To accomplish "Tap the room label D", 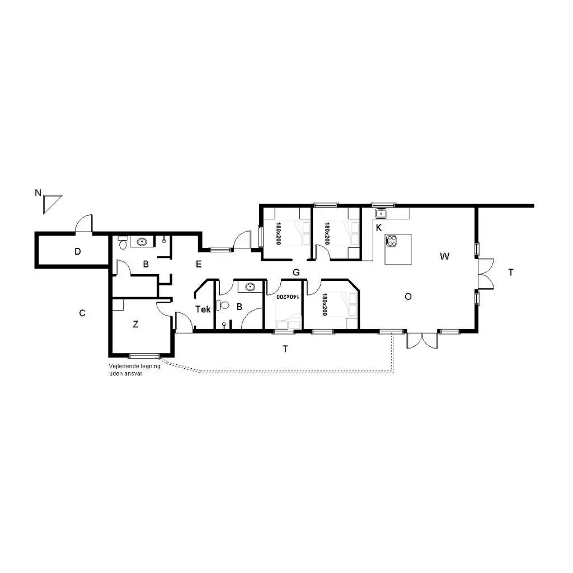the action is [x=77, y=251].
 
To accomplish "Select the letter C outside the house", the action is [x=82, y=313].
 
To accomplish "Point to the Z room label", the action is [x=135, y=324].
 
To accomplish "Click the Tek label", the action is [x=203, y=309].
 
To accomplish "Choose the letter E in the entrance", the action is [x=199, y=264].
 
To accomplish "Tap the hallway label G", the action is [x=296, y=273].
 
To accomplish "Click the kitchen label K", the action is [x=379, y=228].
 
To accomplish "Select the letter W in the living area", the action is [x=444, y=256].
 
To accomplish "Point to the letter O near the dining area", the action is [x=408, y=297].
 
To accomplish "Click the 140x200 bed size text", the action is [x=288, y=297].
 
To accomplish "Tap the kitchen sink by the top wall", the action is [x=381, y=213].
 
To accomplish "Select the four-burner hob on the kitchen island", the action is [x=392, y=241].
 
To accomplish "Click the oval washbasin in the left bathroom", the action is [x=142, y=242].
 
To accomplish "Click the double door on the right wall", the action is [x=486, y=274].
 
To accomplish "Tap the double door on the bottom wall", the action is [x=422, y=341].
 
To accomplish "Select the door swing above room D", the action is [x=84, y=223].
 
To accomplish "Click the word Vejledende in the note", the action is [x=121, y=366].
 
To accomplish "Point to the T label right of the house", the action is [x=511, y=273].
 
